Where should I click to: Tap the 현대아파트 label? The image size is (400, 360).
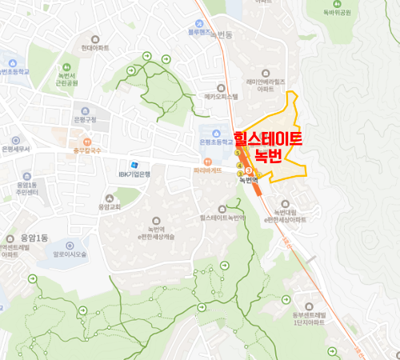[94, 49]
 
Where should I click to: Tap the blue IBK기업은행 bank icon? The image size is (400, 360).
[122, 164]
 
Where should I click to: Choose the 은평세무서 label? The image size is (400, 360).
[15, 149]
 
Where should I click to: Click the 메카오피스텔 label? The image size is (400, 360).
[222, 96]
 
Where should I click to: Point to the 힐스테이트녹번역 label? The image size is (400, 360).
[222, 217]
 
